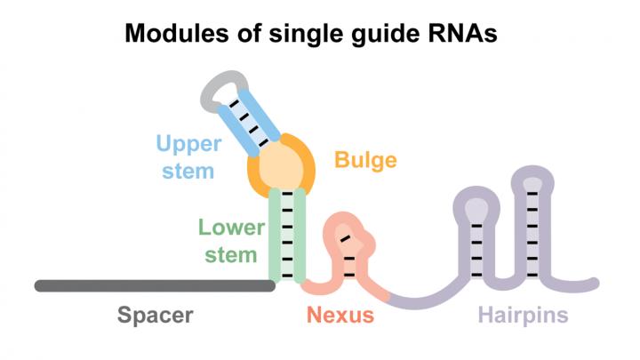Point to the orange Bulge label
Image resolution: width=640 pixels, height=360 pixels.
[x=365, y=160]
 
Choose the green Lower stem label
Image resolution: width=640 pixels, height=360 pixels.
[x=231, y=241]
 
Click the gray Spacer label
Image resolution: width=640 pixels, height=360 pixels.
[x=155, y=315]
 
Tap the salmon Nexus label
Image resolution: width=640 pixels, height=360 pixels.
[x=340, y=315]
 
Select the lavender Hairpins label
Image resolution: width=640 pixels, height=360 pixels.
[x=523, y=315]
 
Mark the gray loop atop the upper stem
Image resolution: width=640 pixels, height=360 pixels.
[x=217, y=86]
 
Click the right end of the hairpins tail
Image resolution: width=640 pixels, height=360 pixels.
[x=593, y=284]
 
